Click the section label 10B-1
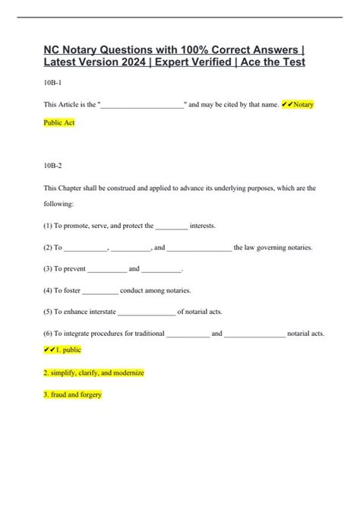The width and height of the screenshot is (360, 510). point(52,82)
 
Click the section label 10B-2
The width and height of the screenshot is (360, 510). point(52,164)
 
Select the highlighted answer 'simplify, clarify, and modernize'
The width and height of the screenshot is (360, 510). point(94,373)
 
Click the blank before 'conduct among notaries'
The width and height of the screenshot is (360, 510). point(100,290)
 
